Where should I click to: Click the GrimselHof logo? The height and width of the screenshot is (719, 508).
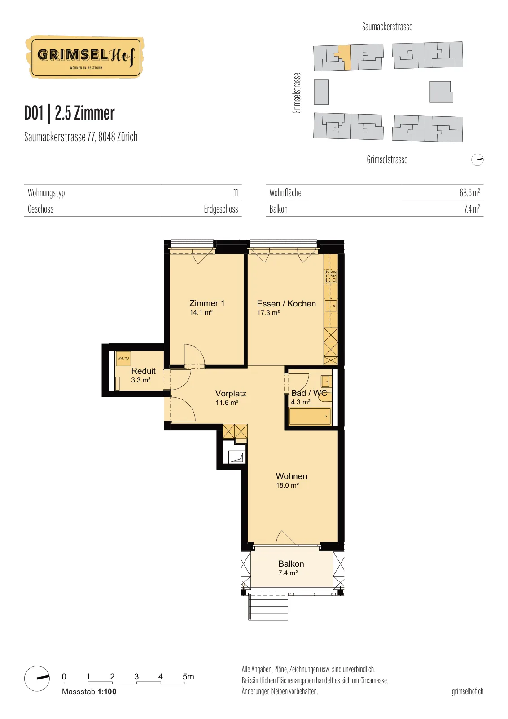coord(85,57)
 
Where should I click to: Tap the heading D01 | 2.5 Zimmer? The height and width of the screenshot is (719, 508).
coord(70,113)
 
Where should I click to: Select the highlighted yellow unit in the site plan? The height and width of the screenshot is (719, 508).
coord(344,57)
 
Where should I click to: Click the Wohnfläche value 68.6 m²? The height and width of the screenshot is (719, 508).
coord(469,193)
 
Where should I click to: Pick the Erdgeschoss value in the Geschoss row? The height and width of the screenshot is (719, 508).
coord(221,209)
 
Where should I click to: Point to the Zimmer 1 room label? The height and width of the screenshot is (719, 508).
coord(207,303)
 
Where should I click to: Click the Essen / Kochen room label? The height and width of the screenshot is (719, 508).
coord(286,303)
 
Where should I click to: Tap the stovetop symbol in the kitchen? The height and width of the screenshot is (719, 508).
coord(331,277)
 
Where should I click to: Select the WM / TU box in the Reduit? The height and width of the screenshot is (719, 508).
coord(123,359)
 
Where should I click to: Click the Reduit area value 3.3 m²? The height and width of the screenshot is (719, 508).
coord(141,380)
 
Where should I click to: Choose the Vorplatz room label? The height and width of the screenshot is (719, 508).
coord(231,394)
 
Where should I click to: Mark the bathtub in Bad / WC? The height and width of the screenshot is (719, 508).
coord(310,416)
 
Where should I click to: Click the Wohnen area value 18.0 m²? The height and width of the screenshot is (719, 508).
coord(288,485)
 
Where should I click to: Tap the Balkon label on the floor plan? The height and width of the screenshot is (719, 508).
coord(291,564)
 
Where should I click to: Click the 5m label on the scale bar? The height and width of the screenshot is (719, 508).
coord(188,677)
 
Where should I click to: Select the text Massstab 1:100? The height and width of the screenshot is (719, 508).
coord(89,692)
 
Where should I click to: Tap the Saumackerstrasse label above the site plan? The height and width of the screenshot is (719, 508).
coord(387,27)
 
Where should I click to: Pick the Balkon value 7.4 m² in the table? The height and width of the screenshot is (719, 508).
coord(472,209)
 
